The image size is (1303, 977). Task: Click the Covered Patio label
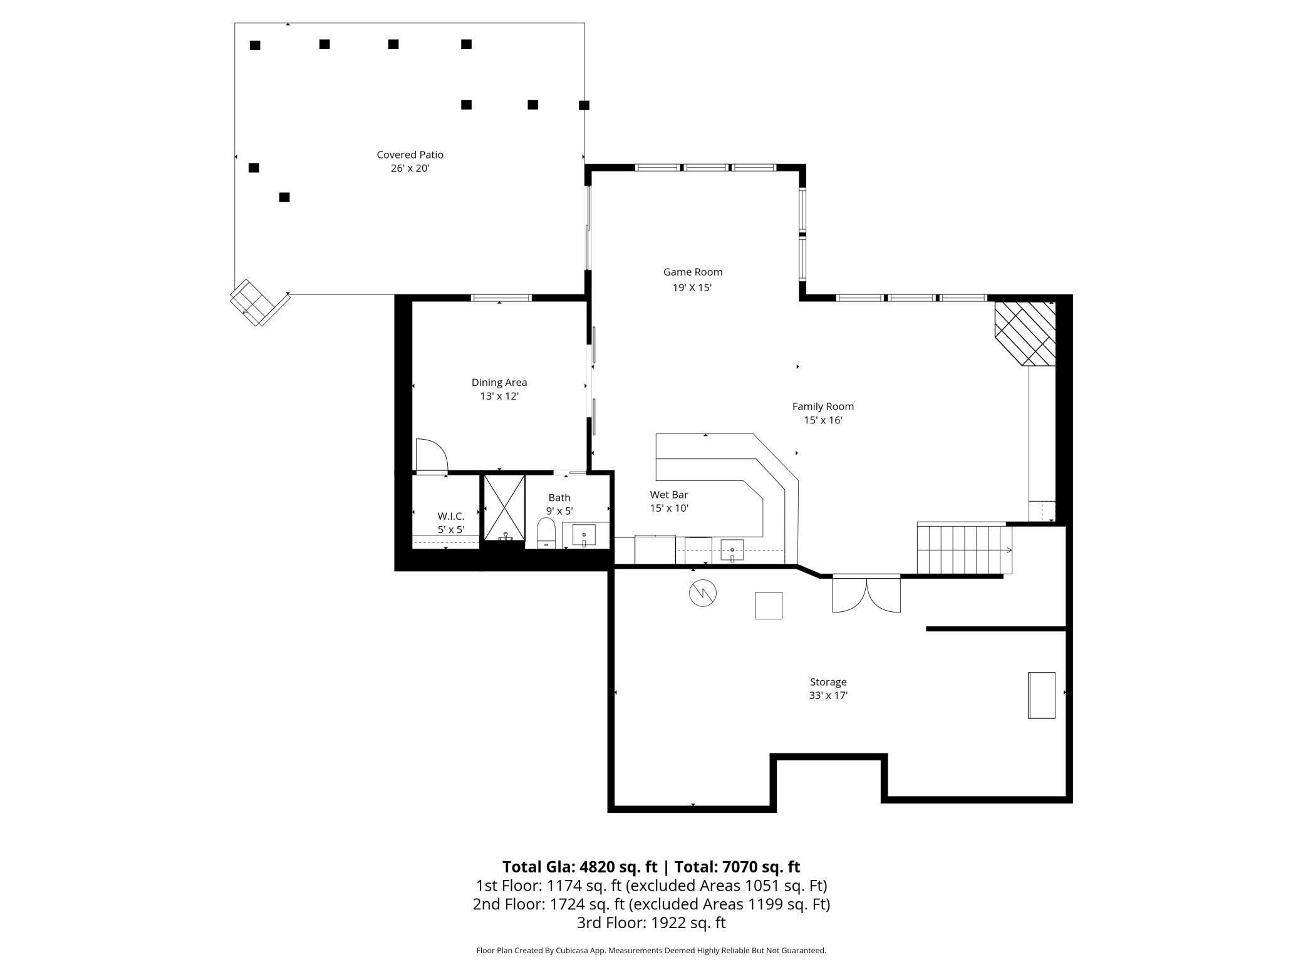[x=410, y=155]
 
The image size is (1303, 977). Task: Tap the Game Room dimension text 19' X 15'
[x=692, y=288]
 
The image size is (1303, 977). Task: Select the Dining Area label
[x=499, y=382]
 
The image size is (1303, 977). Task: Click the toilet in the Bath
[x=546, y=533]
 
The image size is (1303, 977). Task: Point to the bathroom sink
[x=584, y=535]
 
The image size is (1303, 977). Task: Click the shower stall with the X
[x=504, y=507]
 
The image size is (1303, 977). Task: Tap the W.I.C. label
[x=450, y=516]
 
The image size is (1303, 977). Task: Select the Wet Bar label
[x=668, y=495]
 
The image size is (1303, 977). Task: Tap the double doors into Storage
[x=866, y=594]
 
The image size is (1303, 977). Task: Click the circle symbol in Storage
[x=702, y=592]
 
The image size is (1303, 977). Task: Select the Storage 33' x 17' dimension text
[x=828, y=696]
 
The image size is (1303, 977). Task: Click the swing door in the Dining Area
[x=431, y=455]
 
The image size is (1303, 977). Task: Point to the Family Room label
[x=823, y=406]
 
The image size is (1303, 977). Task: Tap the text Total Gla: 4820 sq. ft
[x=579, y=867]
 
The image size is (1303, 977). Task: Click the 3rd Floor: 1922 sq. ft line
[x=651, y=923]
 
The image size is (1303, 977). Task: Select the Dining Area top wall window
[x=501, y=298]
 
